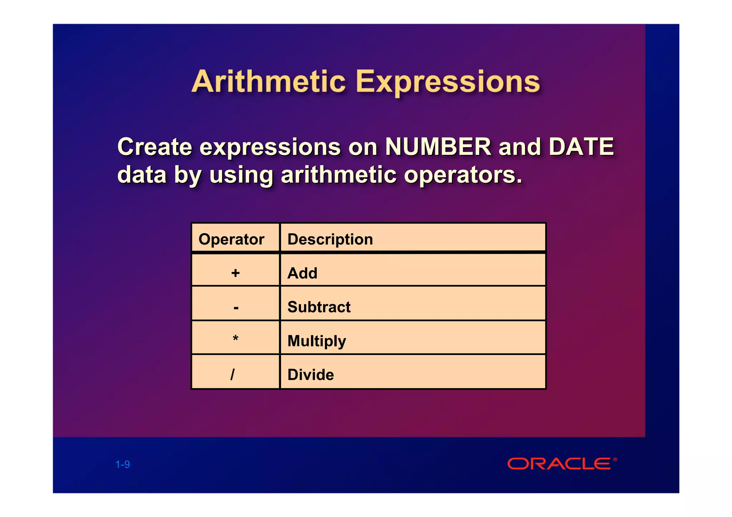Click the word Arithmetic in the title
pyautogui.click(x=268, y=82)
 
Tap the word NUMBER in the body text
pyautogui.click(x=438, y=147)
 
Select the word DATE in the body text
pyautogui.click(x=581, y=147)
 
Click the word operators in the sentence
pyautogui.click(x=463, y=175)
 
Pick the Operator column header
pyautogui.click(x=231, y=239)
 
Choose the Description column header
pyautogui.click(x=330, y=239)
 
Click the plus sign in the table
pyautogui.click(x=235, y=273)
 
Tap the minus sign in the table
pyautogui.click(x=236, y=307)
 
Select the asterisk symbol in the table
pyautogui.click(x=235, y=338)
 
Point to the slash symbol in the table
pyautogui.click(x=233, y=375)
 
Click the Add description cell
pyautogui.click(x=302, y=273)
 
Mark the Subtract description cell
pyautogui.click(x=319, y=307)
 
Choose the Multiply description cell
pyautogui.click(x=317, y=341)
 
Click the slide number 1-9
pyautogui.click(x=123, y=465)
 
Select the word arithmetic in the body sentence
pyautogui.click(x=338, y=175)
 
